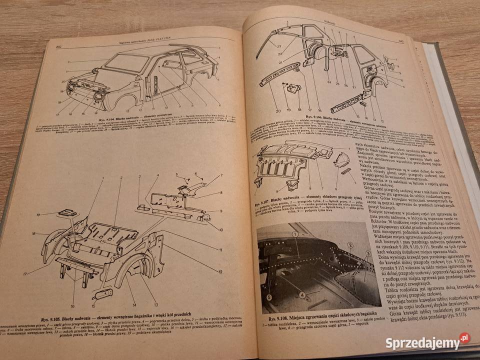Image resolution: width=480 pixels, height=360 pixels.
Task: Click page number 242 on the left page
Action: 58,46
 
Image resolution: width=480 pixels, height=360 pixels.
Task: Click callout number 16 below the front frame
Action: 72,306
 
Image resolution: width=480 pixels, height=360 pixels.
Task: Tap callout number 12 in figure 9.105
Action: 220,271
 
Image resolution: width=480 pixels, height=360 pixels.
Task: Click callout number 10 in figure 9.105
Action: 220,229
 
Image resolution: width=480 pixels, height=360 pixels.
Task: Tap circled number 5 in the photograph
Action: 269,297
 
